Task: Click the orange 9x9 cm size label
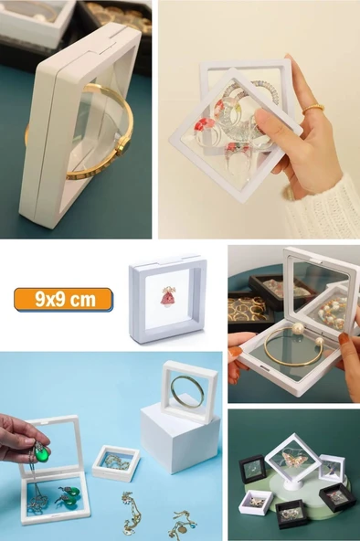63,299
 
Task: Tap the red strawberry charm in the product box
168,297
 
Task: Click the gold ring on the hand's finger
312,109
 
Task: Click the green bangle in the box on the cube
187,391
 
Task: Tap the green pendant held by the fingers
39,452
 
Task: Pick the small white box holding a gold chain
115,462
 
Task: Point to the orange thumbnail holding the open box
236,352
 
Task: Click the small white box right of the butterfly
331,467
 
